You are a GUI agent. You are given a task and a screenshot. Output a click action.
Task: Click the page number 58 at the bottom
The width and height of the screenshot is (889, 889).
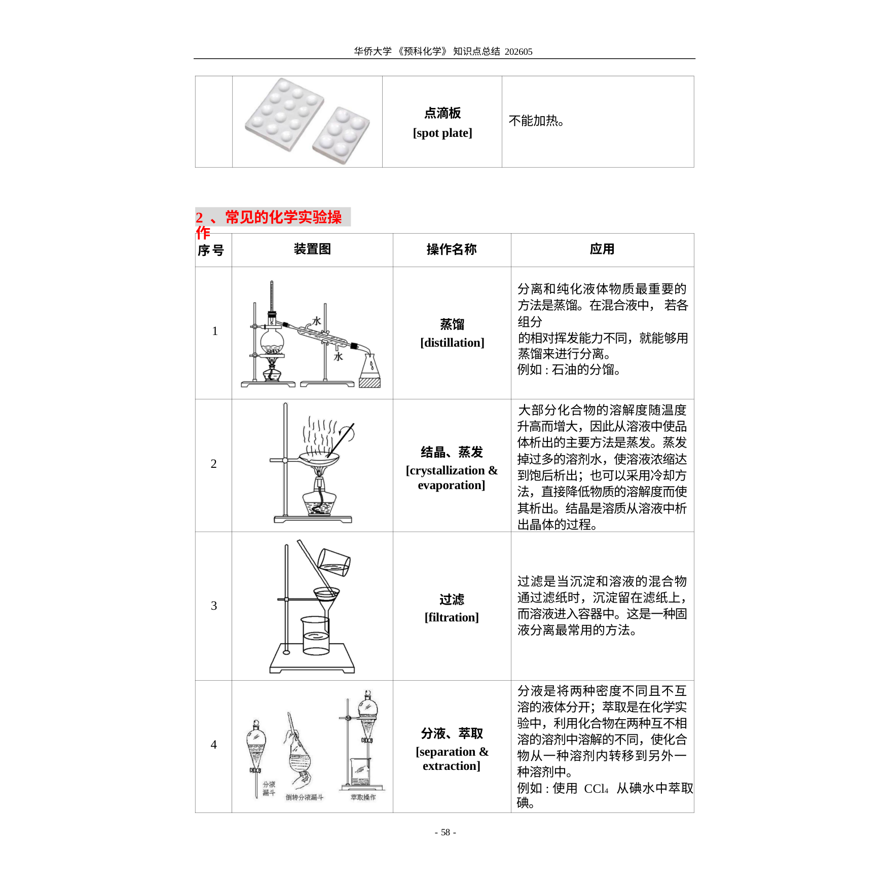click(x=446, y=832)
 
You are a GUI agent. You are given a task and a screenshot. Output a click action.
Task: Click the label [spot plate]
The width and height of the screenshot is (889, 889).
click(x=442, y=133)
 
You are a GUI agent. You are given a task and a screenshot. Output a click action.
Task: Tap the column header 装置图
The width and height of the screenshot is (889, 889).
click(x=312, y=249)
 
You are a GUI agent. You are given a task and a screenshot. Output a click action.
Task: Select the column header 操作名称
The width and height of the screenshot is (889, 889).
click(x=452, y=249)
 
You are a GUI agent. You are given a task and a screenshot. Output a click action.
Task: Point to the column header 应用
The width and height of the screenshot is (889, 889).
click(x=602, y=249)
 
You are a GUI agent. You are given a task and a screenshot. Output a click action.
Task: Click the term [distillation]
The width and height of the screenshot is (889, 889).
click(x=452, y=343)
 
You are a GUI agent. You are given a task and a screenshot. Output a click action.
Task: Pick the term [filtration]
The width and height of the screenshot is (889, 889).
click(x=452, y=617)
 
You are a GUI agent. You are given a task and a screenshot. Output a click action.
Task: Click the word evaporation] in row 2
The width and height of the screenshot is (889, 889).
click(x=452, y=485)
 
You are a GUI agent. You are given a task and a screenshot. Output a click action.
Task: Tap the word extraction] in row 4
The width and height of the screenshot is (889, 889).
click(x=452, y=766)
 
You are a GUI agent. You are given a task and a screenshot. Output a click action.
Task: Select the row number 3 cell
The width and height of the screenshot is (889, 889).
click(x=214, y=606)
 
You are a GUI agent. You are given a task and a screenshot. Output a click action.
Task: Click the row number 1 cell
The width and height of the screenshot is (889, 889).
click(x=215, y=331)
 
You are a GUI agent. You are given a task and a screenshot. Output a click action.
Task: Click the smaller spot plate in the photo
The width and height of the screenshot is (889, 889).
click(x=341, y=135)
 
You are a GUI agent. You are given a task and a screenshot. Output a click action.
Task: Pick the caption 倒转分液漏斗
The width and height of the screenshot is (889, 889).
click(x=304, y=797)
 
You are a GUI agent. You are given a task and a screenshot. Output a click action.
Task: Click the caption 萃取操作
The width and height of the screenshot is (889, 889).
click(x=363, y=797)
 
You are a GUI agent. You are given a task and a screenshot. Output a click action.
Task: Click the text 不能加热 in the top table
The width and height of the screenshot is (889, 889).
click(x=536, y=121)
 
